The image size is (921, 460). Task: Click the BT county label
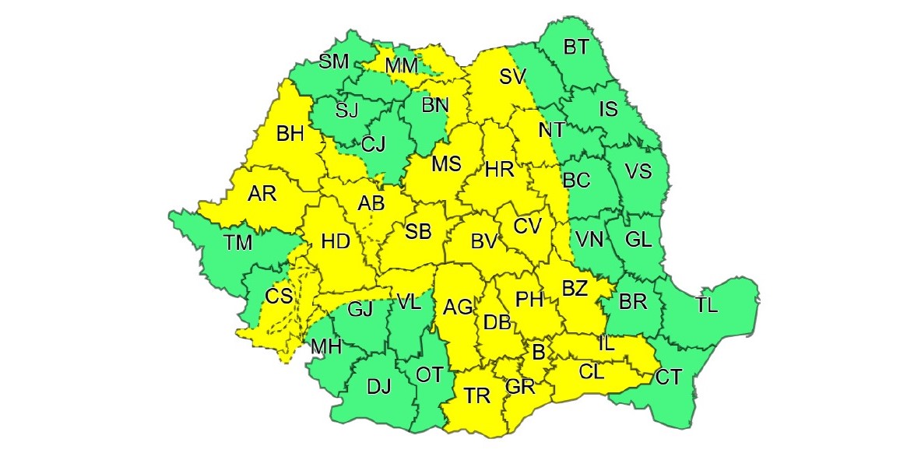[x=575, y=47]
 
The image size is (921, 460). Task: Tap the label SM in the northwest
[x=334, y=62]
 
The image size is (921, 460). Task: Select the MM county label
[x=402, y=66]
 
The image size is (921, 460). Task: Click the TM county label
[x=238, y=243]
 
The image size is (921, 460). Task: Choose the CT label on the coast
[x=668, y=378]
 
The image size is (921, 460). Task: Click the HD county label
[x=335, y=242]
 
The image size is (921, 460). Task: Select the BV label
[x=483, y=242]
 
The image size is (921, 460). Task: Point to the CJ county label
[x=373, y=143]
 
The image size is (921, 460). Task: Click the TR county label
[x=477, y=396]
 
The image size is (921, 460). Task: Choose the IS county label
[x=608, y=110]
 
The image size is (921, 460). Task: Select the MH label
[x=326, y=346]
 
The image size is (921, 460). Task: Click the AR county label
[x=262, y=194]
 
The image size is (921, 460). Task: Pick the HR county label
[x=499, y=170]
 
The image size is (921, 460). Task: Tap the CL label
[x=591, y=372]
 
